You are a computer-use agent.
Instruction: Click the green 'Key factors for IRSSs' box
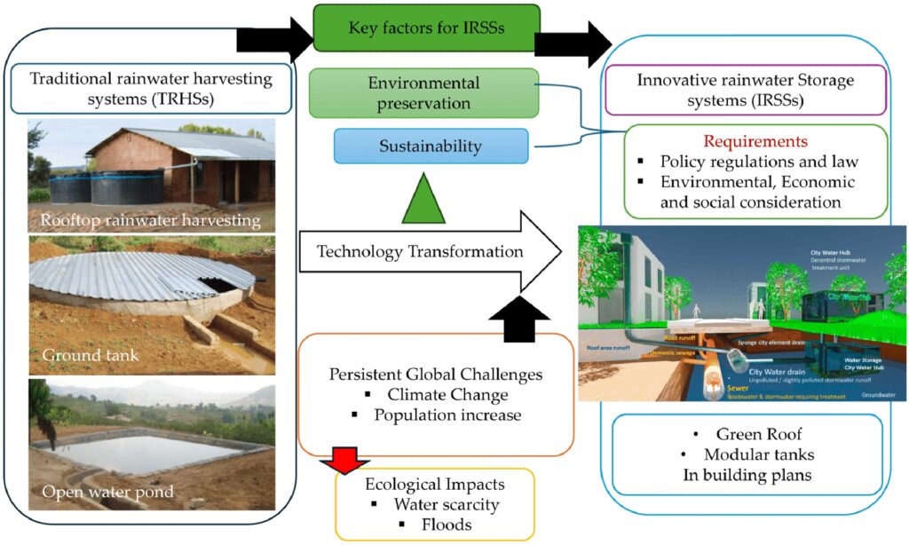tap(426, 28)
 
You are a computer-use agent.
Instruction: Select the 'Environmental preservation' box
tap(423, 93)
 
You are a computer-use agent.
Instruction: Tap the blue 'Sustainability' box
tap(431, 146)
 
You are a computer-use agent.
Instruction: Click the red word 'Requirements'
tap(755, 141)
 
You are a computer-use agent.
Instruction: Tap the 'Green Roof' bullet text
tap(755, 434)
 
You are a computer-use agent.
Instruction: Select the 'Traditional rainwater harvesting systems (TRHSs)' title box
tap(151, 88)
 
